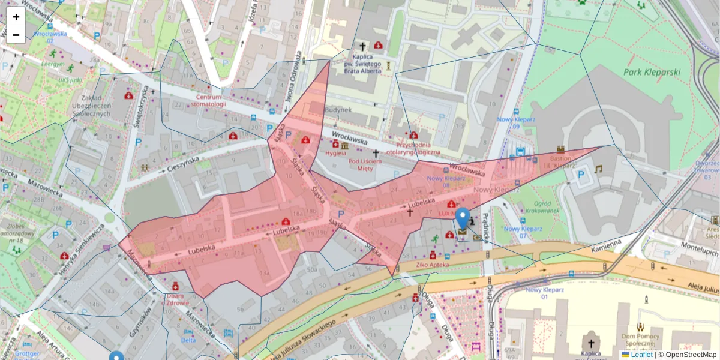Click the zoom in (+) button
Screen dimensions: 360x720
pyautogui.click(x=16, y=16)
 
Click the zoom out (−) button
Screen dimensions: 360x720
pyautogui.click(x=16, y=35)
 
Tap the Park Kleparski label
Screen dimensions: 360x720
pyautogui.click(x=652, y=73)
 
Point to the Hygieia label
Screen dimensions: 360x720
pyautogui.click(x=336, y=153)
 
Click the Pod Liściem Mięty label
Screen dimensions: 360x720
pyautogui.click(x=365, y=164)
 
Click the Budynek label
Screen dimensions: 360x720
pyautogui.click(x=338, y=110)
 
